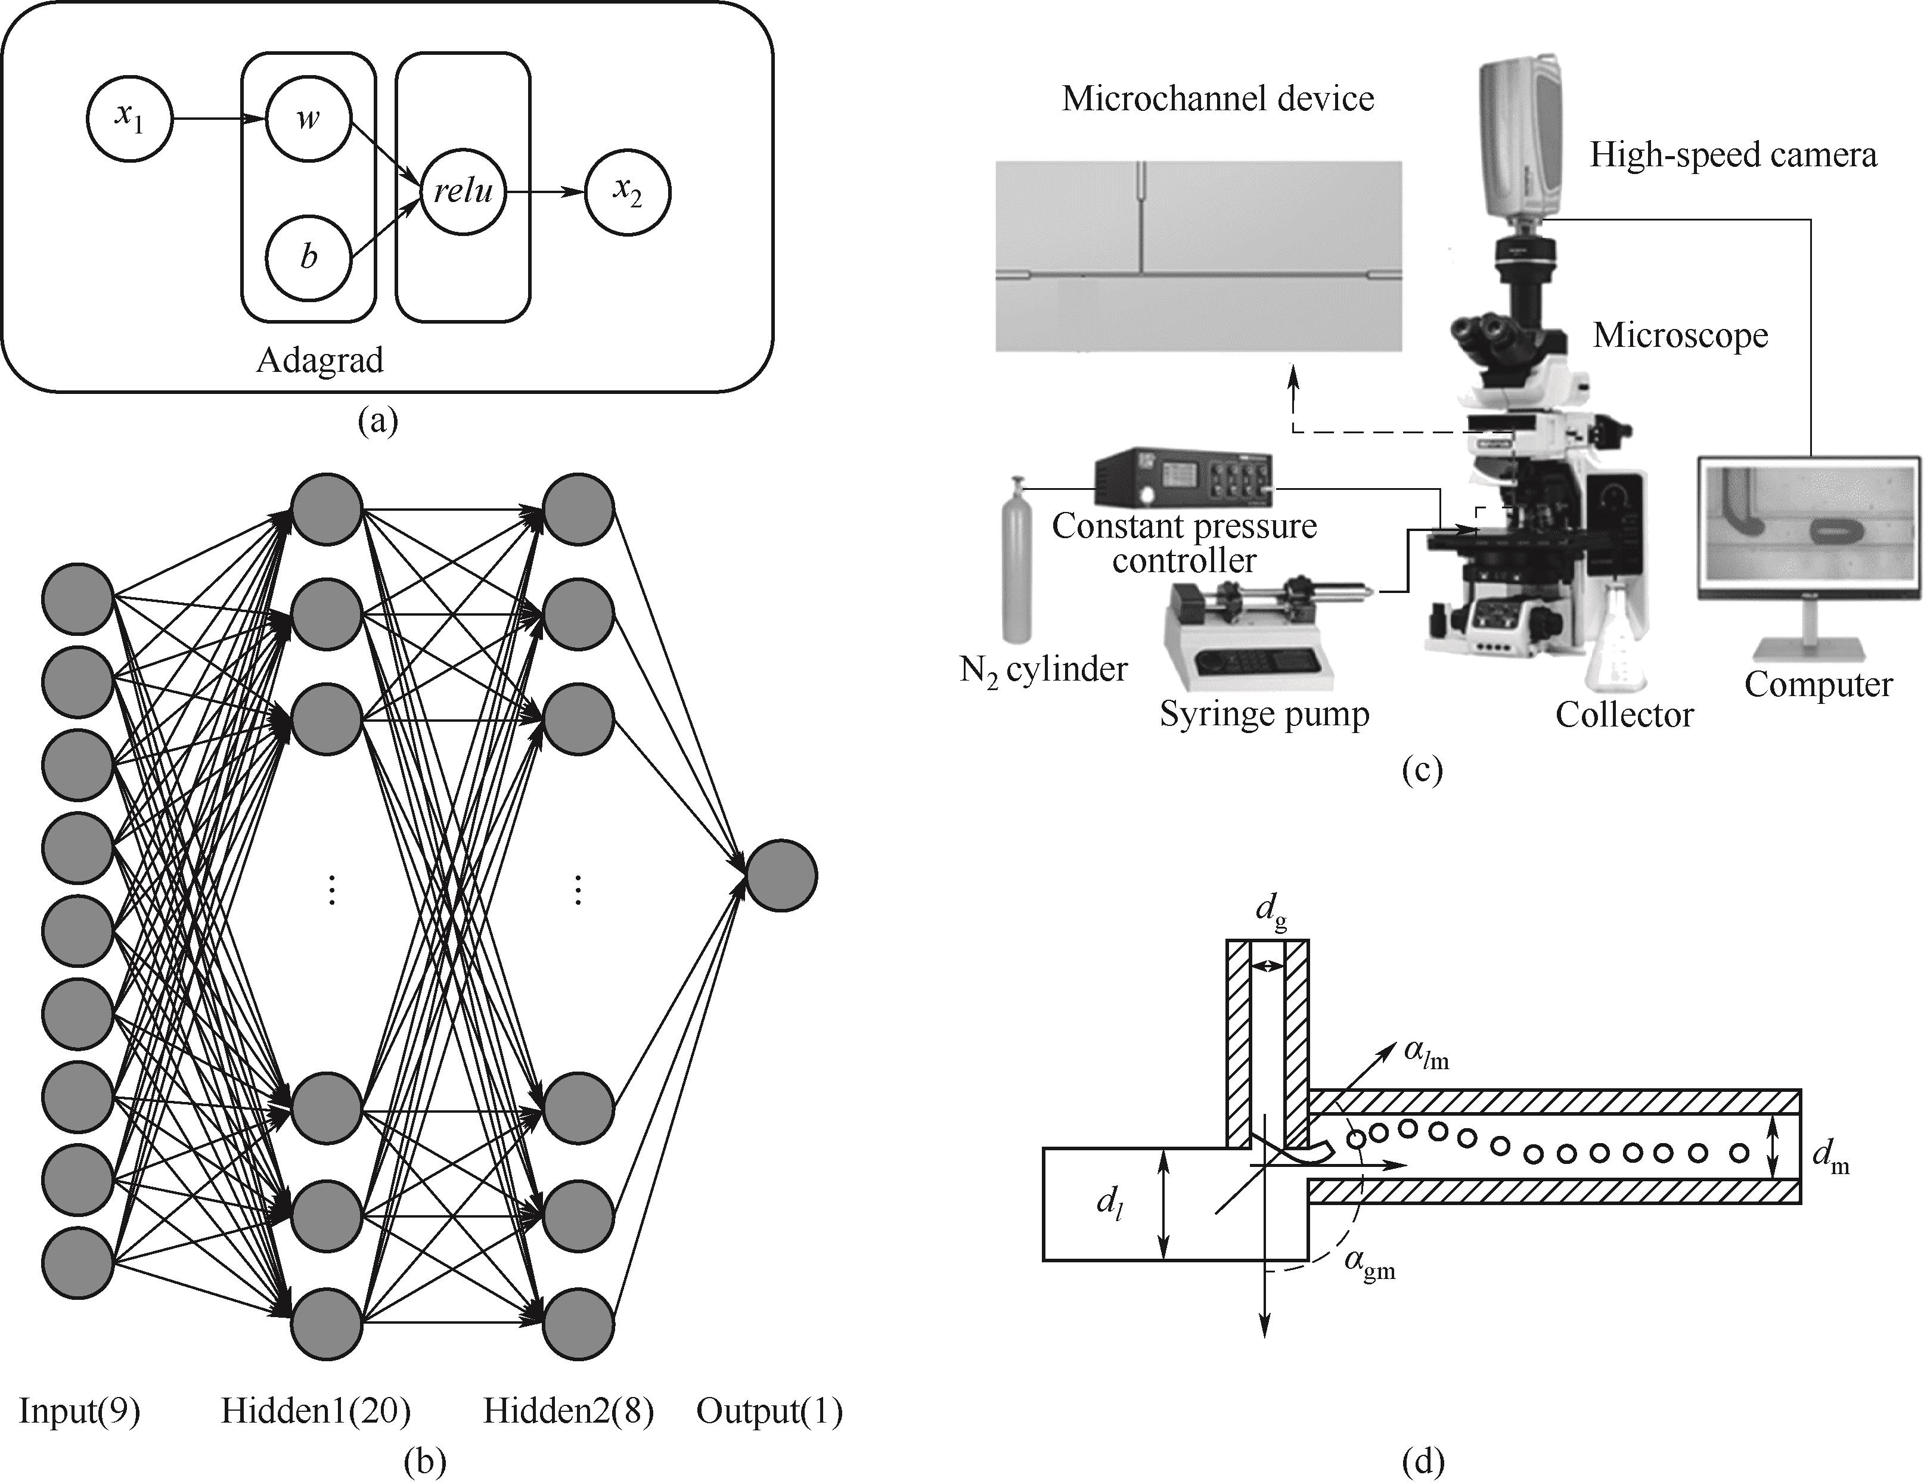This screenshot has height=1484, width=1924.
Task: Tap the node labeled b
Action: click(x=308, y=258)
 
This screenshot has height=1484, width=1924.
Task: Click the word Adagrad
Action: click(x=320, y=360)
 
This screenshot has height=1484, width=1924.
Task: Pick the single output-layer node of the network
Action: click(x=781, y=876)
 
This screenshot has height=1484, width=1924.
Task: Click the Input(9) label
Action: click(x=79, y=1411)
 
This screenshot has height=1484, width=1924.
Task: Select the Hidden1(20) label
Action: click(x=315, y=1411)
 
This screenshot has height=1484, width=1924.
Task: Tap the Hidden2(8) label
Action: click(x=568, y=1411)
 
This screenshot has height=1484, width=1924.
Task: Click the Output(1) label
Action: click(x=769, y=1411)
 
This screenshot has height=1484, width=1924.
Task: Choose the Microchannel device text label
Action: click(x=1218, y=99)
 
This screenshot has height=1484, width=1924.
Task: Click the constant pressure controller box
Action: click(x=1183, y=480)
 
